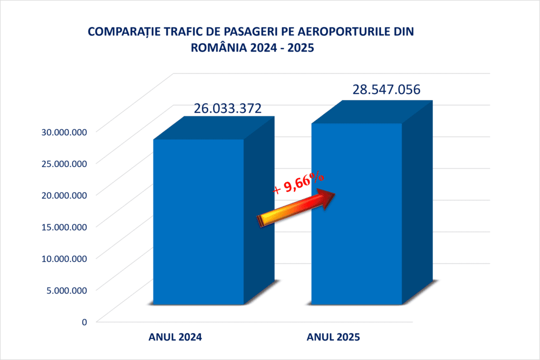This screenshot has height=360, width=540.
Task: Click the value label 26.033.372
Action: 227,109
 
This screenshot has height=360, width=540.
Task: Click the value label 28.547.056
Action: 387,90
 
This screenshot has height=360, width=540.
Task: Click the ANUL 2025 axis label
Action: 333,337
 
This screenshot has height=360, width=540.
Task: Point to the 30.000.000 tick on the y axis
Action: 64,132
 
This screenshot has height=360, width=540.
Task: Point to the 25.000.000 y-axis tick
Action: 64,163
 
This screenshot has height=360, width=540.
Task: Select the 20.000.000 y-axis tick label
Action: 64,195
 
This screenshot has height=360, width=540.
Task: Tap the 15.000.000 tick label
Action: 64,227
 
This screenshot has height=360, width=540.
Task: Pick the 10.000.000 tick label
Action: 64,258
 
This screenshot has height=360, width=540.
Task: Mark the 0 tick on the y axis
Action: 84,322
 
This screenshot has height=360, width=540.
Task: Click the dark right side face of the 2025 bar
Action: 417,200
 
